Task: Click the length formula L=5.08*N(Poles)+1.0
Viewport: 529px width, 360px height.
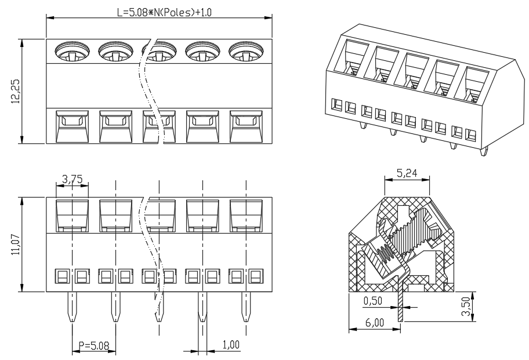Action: coord(164,13)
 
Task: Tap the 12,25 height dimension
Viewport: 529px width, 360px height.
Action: coord(16,92)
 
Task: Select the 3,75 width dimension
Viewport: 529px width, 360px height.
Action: coord(72,179)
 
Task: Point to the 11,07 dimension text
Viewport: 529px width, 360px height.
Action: coord(16,245)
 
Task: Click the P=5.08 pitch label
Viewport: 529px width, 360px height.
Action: coord(94,346)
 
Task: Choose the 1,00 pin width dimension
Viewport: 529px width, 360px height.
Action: coord(231,344)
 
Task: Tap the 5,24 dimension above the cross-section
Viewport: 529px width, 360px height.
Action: coord(407,173)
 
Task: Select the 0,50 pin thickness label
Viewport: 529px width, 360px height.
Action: coord(373,301)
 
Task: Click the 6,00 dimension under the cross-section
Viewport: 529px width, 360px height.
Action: coord(375,322)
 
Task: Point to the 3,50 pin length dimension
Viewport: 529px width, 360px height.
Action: coord(466,306)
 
